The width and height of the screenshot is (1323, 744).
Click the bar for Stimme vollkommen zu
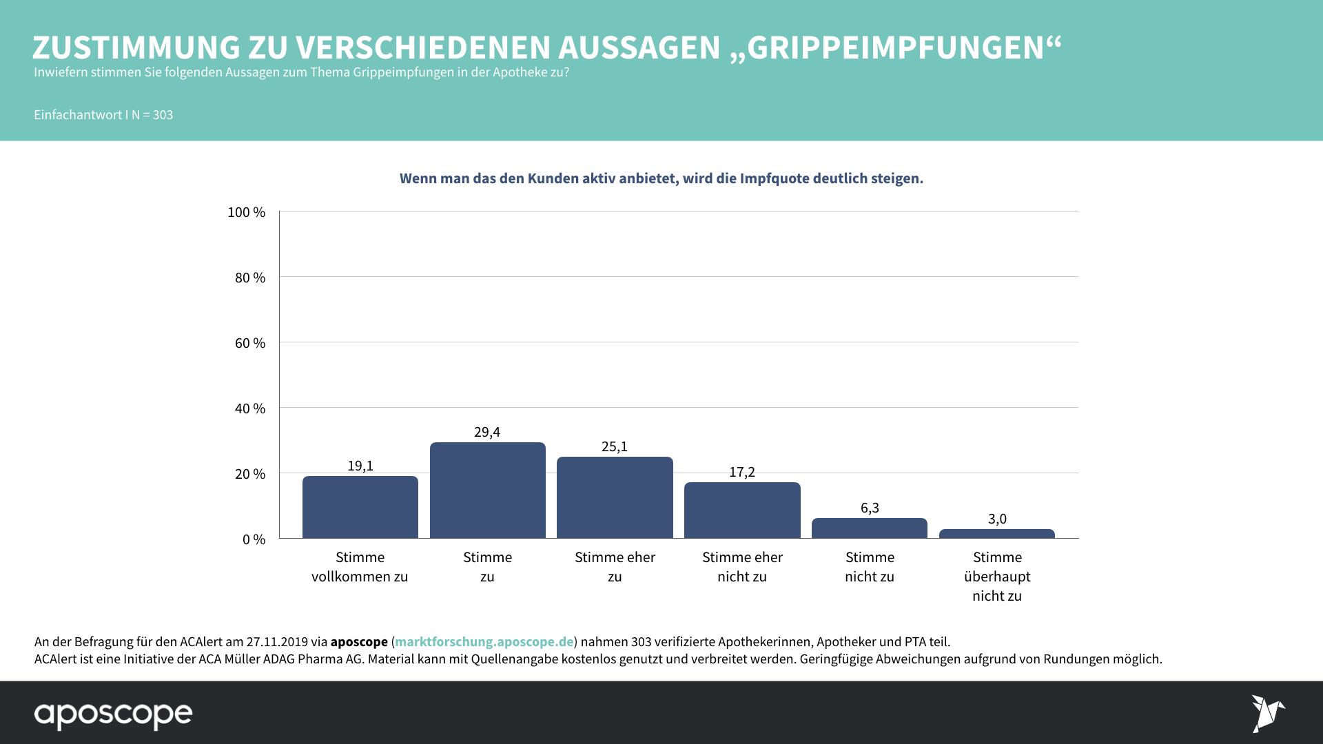(360, 507)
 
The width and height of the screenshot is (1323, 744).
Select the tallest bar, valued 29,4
(487, 490)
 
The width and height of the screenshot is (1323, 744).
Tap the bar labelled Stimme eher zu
(615, 497)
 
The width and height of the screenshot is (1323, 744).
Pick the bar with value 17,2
(742, 510)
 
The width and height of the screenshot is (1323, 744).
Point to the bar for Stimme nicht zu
(870, 528)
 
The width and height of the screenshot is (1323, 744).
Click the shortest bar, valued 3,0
(996, 534)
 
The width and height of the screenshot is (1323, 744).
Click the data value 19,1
(360, 466)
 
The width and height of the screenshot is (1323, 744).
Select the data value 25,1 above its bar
(615, 446)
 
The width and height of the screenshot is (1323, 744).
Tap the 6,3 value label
(870, 508)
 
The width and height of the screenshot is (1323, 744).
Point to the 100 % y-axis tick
(246, 212)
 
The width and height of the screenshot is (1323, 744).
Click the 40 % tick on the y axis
(249, 409)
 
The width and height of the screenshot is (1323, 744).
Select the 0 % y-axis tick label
(254, 539)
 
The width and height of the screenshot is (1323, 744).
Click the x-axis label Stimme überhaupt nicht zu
(997, 577)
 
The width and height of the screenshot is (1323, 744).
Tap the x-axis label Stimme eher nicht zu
(742, 567)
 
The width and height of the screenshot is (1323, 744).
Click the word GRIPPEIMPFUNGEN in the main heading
(896, 48)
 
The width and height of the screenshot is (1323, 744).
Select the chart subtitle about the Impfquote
(661, 178)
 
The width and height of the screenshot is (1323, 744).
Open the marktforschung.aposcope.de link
(484, 641)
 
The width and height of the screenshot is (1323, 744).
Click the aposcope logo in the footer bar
(114, 714)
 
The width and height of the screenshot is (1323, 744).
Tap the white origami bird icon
(1267, 713)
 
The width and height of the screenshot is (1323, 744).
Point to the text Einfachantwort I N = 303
(103, 115)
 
